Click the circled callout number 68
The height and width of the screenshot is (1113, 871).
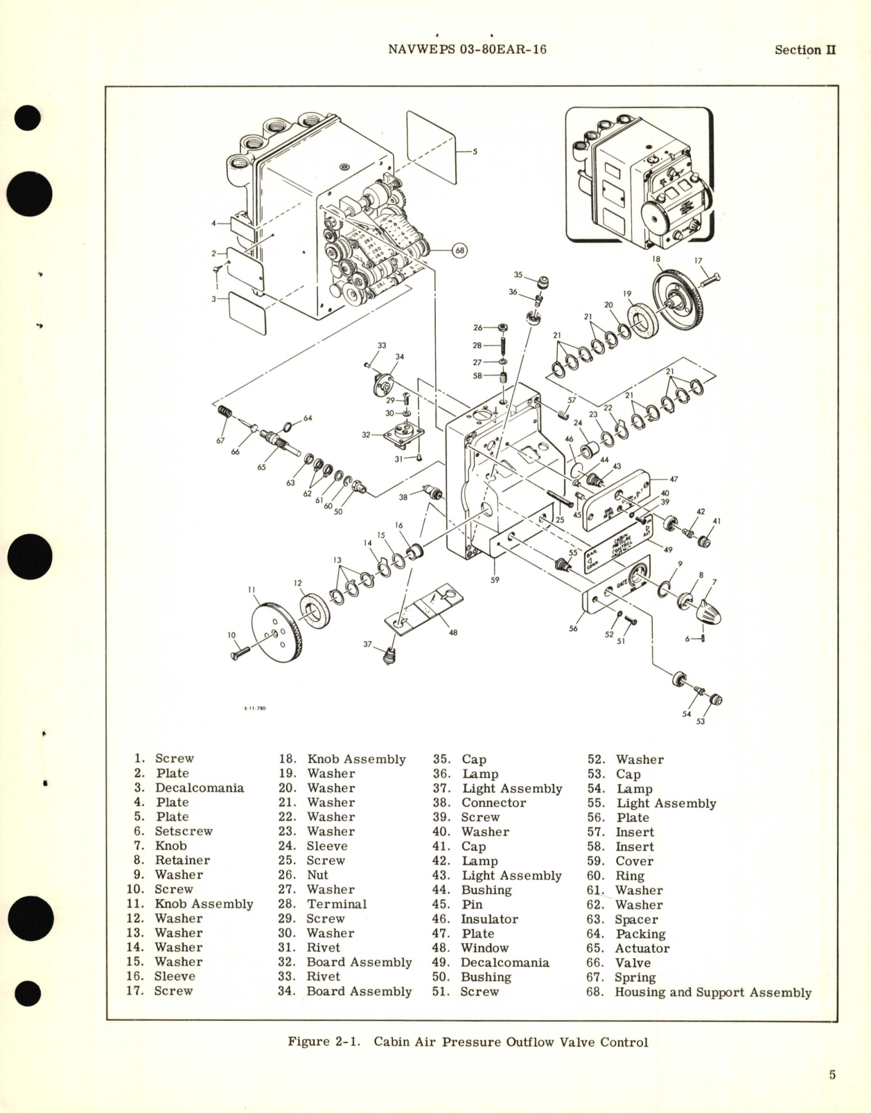coord(460,250)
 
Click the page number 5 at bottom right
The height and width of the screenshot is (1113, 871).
coord(832,1074)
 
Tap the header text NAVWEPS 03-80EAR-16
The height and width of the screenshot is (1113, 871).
coord(467,49)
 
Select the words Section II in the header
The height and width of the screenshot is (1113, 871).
coord(805,50)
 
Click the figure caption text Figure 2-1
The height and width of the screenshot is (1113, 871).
coord(323,1042)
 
